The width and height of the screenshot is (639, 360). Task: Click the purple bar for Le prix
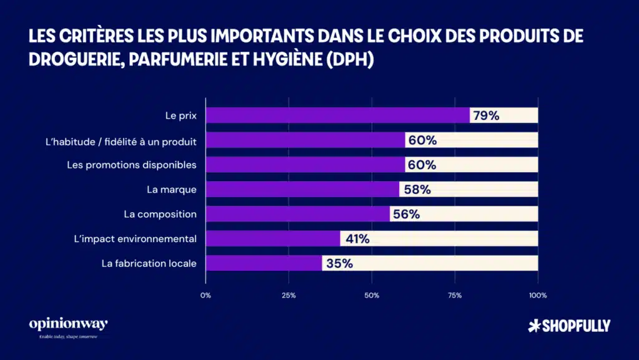pos(337,115)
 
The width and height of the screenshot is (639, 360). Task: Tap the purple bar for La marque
pos(302,189)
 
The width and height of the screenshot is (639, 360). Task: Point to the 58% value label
pos(416,190)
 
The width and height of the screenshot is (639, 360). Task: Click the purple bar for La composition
pos(297,214)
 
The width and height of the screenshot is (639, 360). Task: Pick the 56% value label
pos(406,214)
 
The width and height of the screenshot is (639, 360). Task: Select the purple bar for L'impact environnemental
pos(272,238)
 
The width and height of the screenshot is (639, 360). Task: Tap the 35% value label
pos(339,263)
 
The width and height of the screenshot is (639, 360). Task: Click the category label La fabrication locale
pos(149,263)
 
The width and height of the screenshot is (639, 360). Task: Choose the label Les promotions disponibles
pos(132,165)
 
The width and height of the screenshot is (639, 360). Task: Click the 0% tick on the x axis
pos(205,295)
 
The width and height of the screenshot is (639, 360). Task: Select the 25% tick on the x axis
pos(288,295)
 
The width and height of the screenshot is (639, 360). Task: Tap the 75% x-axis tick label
pos(454,295)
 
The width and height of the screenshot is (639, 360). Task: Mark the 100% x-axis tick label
pos(537,295)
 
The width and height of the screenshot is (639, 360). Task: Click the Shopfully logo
pos(568,325)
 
